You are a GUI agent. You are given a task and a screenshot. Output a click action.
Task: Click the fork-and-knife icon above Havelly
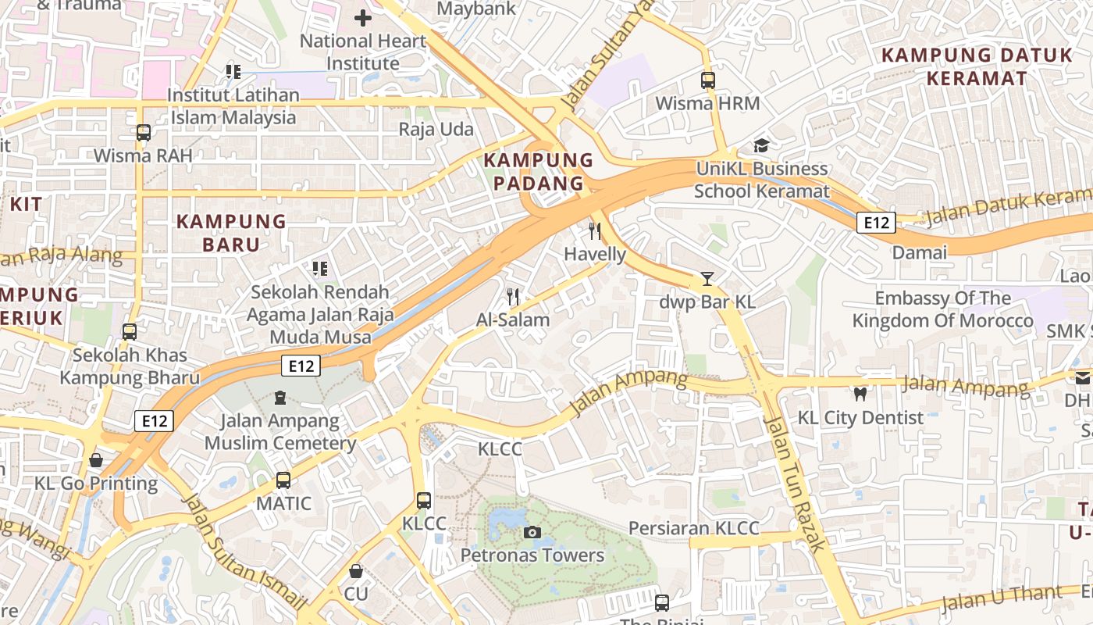pos(595,231)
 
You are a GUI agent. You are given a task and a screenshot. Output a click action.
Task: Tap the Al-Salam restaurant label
pos(513,320)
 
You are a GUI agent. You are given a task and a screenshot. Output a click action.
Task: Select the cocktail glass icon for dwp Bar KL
pos(707,278)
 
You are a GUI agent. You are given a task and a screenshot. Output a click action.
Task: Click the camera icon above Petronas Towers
pos(532,533)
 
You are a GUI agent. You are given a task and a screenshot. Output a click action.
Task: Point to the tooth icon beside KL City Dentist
pos(860,395)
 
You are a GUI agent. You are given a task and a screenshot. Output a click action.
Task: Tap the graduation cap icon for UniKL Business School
pos(761,145)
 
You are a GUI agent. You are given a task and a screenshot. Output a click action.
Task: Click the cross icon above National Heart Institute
pos(363,17)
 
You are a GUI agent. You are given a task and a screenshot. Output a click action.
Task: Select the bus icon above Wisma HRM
pos(708,80)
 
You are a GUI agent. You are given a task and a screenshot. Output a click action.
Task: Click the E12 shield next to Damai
pos(876,223)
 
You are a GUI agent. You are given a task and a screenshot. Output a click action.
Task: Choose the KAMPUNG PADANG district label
pos(534,172)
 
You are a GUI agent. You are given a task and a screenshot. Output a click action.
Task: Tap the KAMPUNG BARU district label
pos(231,233)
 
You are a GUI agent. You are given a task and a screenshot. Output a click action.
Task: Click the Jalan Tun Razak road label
pos(794,484)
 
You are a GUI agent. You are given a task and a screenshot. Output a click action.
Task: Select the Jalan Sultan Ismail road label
pos(244,552)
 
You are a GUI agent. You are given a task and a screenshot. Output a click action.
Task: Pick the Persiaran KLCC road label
pos(694,528)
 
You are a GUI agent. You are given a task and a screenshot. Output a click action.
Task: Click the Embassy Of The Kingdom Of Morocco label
pos(942,309)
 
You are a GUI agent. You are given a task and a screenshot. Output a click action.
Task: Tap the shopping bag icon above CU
pos(356,571)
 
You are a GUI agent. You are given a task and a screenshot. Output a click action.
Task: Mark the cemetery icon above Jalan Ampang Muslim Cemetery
pos(280,398)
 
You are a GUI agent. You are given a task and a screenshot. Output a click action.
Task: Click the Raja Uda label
pos(436,129)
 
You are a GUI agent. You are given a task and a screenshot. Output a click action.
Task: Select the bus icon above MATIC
pos(283,480)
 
